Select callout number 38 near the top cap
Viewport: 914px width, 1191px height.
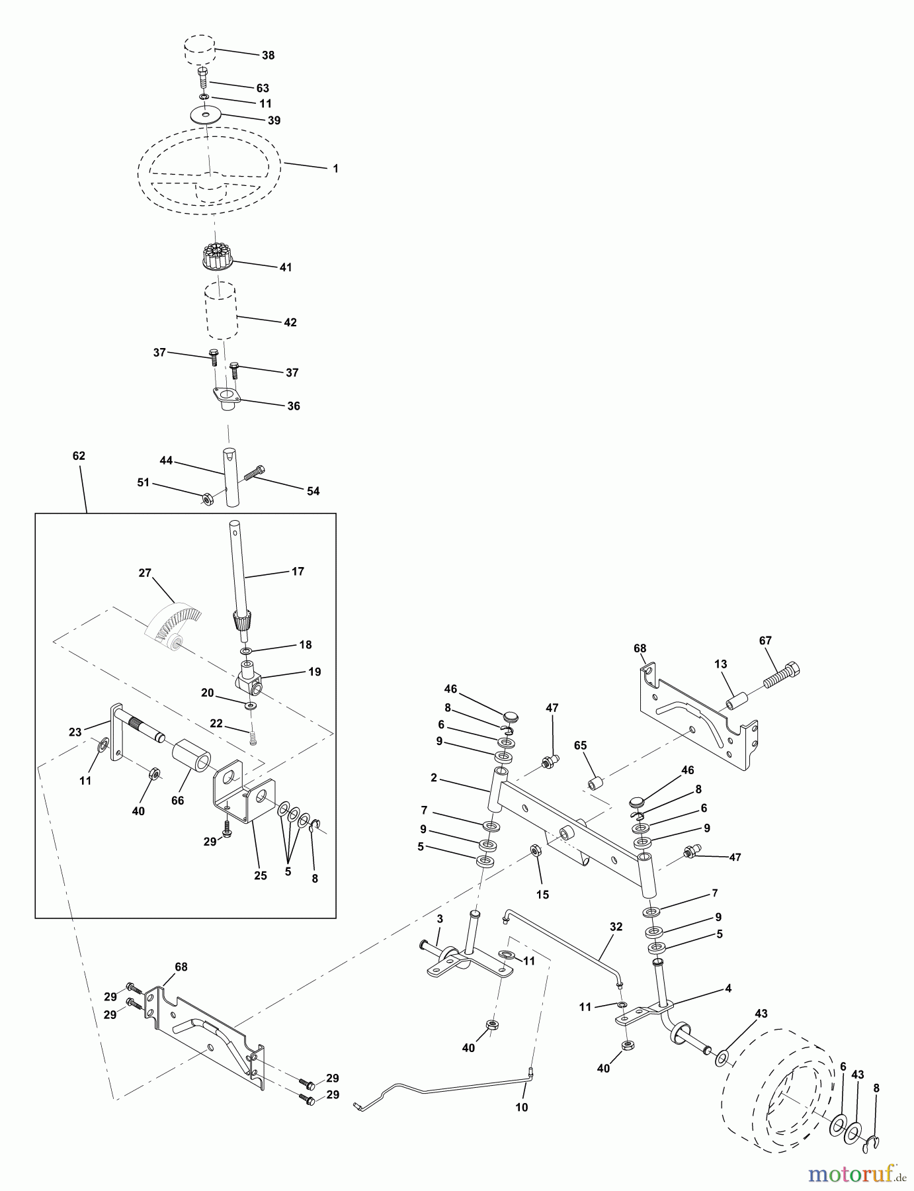[x=268, y=56]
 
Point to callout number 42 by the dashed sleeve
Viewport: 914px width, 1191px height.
[x=290, y=323]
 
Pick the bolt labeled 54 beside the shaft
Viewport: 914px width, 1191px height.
[x=255, y=472]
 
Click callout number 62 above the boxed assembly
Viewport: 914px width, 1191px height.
[x=79, y=456]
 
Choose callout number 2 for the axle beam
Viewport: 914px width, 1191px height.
[x=433, y=777]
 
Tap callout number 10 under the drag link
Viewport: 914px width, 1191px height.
[x=521, y=1107]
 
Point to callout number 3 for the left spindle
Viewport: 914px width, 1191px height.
[x=438, y=920]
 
